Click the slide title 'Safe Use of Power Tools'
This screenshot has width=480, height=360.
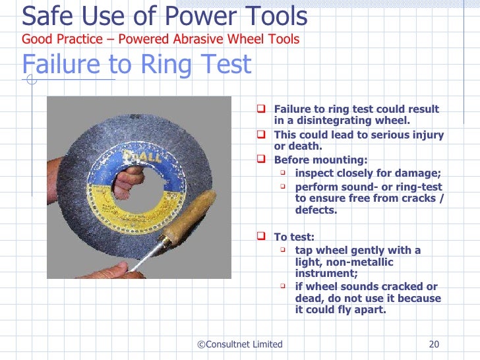(165, 16)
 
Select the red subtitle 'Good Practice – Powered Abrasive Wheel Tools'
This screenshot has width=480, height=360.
(160, 40)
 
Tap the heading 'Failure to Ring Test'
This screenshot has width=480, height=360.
(136, 65)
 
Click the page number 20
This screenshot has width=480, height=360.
(434, 344)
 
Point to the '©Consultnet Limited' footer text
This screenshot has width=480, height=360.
(240, 344)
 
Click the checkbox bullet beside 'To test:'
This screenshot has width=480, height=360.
(262, 236)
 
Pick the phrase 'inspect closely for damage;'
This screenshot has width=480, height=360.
(368, 173)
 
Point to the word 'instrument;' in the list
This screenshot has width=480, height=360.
(325, 274)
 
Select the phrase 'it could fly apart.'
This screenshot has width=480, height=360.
(340, 310)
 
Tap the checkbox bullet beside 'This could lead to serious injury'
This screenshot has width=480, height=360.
(262, 135)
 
